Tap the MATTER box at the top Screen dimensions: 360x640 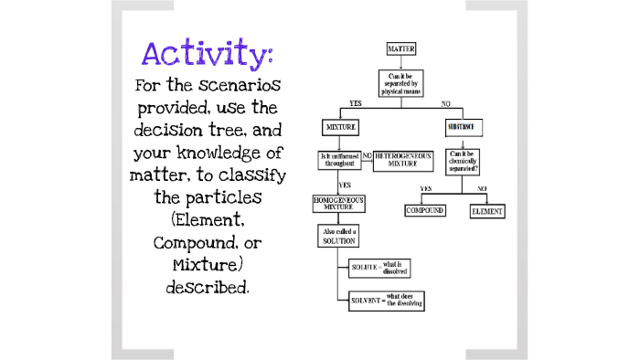point(401,48)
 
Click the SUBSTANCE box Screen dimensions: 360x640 point(464,125)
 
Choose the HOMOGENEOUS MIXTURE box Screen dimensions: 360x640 point(341,203)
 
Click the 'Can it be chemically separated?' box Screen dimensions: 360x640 point(464,162)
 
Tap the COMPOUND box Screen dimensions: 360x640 point(425,211)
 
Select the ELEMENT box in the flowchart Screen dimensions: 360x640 point(486,211)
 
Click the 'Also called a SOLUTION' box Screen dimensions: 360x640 point(340,237)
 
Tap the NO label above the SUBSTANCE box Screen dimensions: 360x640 point(446,103)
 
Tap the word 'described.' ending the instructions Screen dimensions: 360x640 point(207,287)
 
